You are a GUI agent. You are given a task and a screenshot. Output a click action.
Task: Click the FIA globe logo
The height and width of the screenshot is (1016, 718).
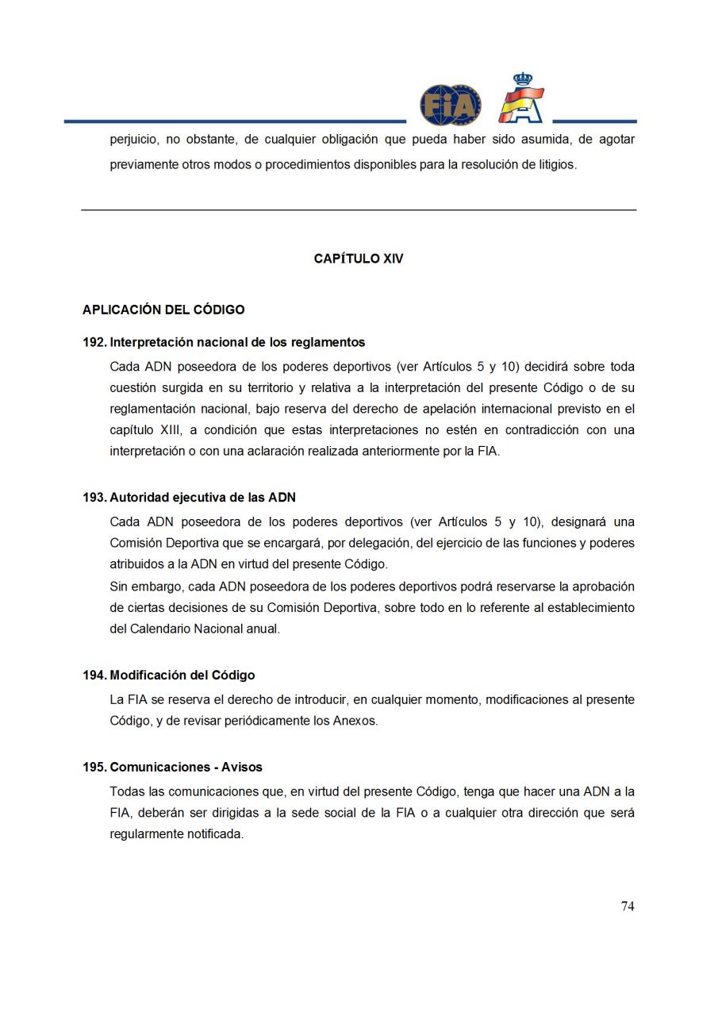450,105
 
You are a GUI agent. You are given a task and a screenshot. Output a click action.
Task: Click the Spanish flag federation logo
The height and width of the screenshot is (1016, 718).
521,99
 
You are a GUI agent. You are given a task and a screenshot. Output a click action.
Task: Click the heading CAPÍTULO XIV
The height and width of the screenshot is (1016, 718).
359,259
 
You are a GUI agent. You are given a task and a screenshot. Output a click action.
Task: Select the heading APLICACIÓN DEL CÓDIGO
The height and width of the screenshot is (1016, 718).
163,310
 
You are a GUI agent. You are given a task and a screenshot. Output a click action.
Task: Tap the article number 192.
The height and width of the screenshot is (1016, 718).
94,342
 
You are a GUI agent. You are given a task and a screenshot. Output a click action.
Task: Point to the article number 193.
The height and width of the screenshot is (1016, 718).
94,498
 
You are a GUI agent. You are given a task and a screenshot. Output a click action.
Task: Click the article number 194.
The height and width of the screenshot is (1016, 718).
94,675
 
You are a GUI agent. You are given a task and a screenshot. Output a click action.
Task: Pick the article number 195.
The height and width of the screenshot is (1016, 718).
94,768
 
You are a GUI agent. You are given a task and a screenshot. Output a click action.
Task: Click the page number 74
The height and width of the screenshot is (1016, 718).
627,906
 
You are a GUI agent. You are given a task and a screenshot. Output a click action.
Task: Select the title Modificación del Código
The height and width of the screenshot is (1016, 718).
182,675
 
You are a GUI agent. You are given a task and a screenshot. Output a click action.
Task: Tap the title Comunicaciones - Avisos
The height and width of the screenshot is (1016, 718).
186,768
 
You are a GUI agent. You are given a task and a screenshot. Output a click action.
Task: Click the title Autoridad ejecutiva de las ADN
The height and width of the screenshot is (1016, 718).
202,498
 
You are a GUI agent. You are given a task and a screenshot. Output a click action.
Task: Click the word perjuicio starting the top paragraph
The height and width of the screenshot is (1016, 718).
132,140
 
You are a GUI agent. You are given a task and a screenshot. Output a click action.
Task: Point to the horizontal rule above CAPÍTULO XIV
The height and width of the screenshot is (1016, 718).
359,210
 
